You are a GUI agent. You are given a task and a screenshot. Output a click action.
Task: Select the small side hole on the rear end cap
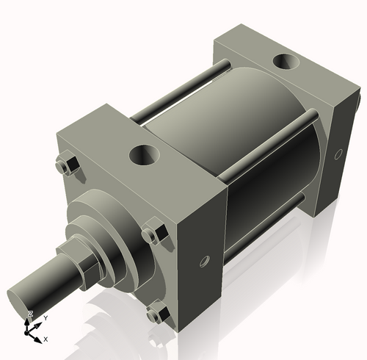tap(338, 155)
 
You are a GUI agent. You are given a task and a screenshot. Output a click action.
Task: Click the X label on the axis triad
tap(46, 339)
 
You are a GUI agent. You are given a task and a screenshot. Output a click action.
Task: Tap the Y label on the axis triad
tap(46, 317)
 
